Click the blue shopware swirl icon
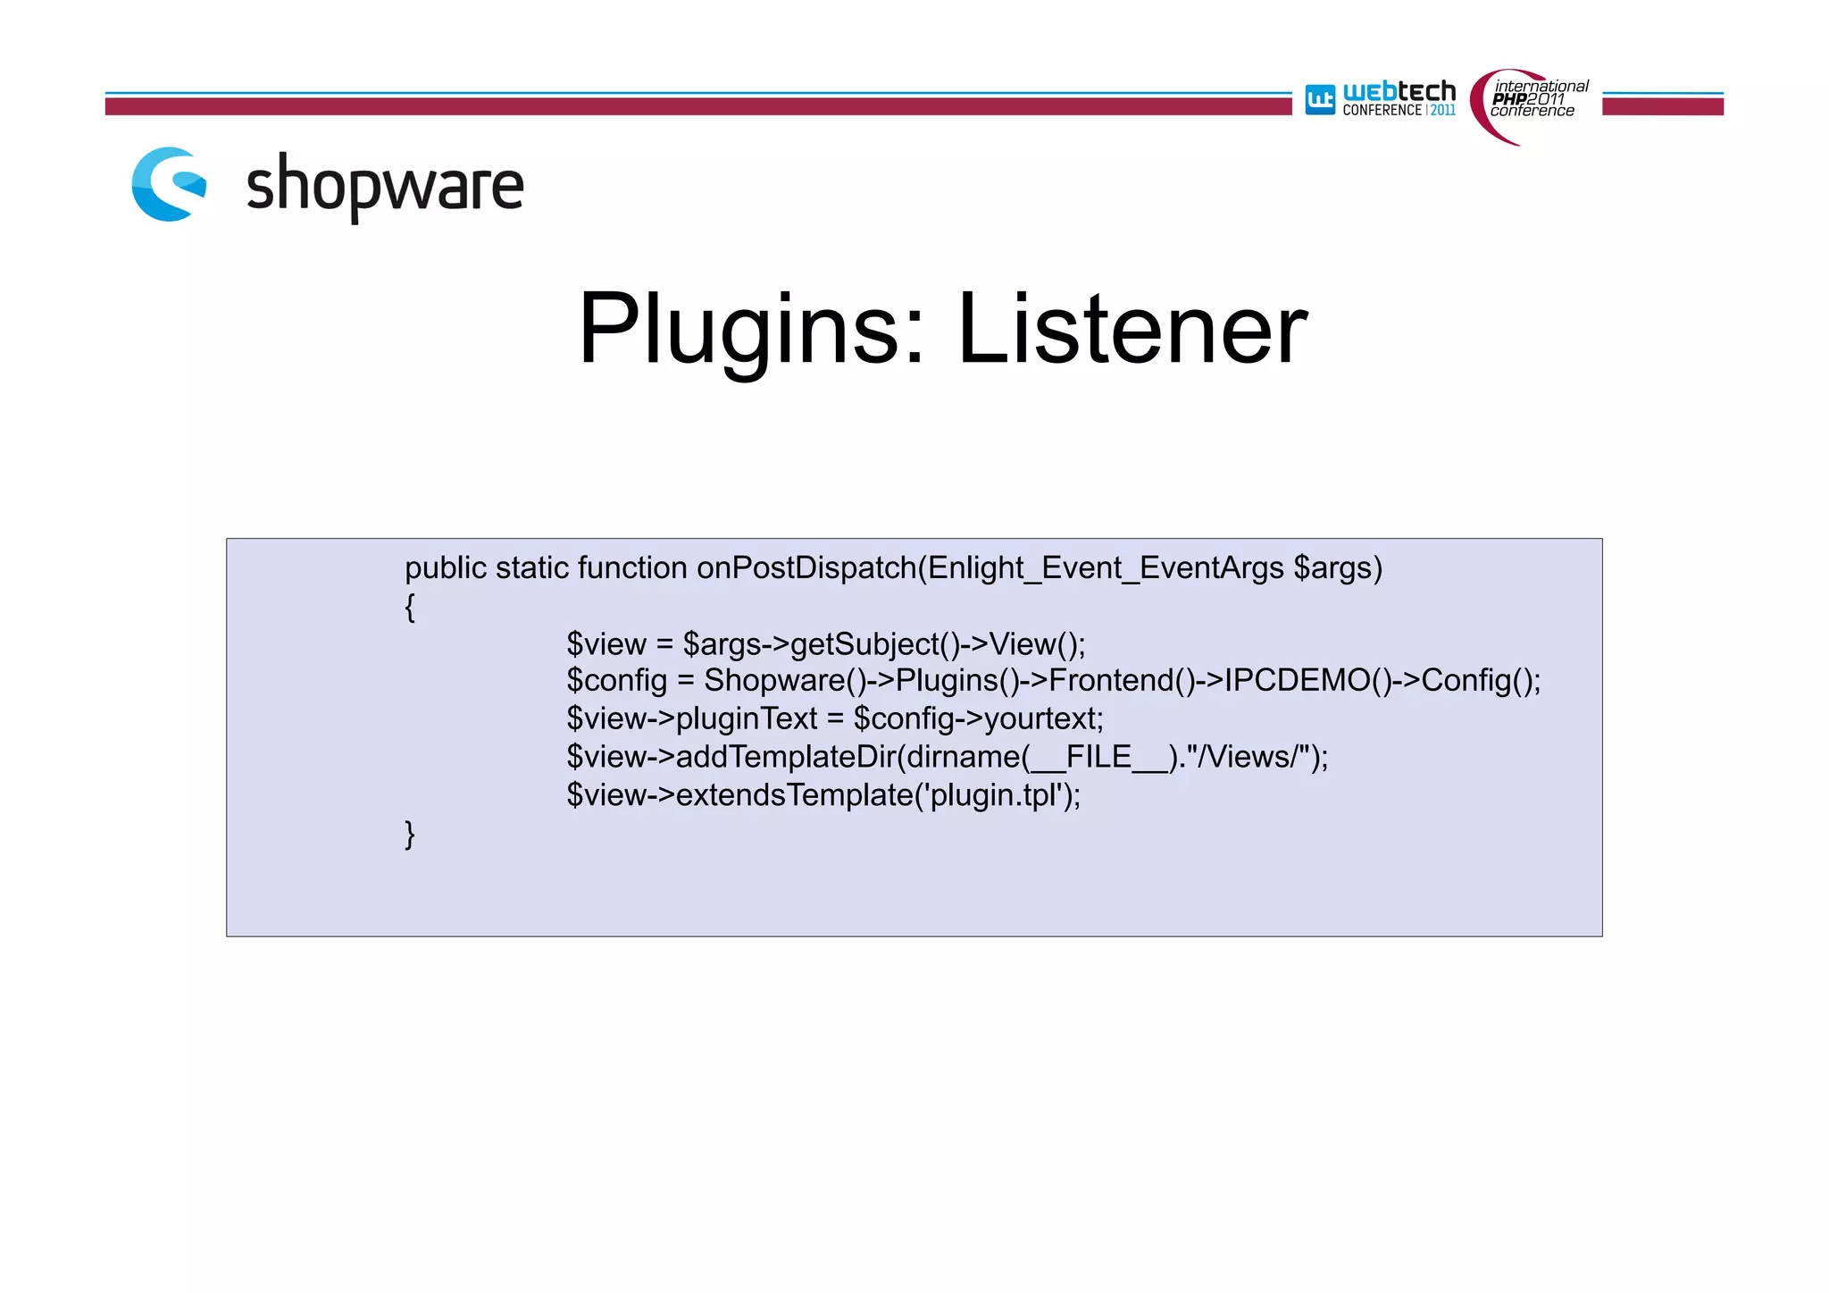pos(169,184)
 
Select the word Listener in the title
pos(1132,330)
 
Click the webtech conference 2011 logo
pos(1381,99)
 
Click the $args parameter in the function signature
pos(1338,568)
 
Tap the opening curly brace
pos(410,607)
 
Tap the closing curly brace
pos(410,834)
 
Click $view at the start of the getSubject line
pos(606,644)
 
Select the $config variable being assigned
pos(617,682)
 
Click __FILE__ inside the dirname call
pos(1098,758)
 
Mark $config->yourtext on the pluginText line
pos(978,719)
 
